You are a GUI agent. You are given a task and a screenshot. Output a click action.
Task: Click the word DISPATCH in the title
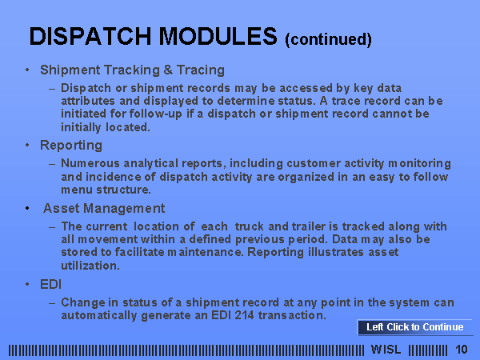pyautogui.click(x=90, y=37)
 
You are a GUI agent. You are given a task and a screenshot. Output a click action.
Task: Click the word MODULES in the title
pyautogui.click(x=218, y=37)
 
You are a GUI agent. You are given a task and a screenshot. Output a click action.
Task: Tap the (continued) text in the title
pyautogui.click(x=328, y=39)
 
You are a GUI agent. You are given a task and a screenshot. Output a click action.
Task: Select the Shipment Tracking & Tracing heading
pyautogui.click(x=132, y=70)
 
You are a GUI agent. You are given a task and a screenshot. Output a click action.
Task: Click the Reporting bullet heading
pyautogui.click(x=71, y=146)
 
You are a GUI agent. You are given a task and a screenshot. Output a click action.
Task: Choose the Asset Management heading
pyautogui.click(x=104, y=209)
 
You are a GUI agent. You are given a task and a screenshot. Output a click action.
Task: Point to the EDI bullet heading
pyautogui.click(x=51, y=284)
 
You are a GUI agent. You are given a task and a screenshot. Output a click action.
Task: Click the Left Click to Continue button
pyautogui.click(x=414, y=327)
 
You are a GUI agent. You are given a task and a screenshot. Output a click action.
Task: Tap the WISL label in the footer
pyautogui.click(x=386, y=350)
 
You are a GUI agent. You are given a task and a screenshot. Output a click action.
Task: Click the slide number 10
pyautogui.click(x=462, y=350)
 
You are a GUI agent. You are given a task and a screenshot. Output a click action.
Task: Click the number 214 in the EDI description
pyautogui.click(x=244, y=315)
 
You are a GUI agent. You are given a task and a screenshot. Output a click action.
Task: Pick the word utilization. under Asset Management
pyautogui.click(x=90, y=266)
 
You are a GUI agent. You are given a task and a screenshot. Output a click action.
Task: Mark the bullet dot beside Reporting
pyautogui.click(x=27, y=145)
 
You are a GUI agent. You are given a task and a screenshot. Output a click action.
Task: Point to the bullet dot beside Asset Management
pyautogui.click(x=27, y=209)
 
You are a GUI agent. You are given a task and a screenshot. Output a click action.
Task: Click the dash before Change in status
pyautogui.click(x=52, y=303)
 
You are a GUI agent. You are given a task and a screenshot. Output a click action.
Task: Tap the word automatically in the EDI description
pyautogui.click(x=99, y=315)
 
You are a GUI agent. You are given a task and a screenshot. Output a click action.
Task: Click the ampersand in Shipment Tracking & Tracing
pyautogui.click(x=168, y=70)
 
